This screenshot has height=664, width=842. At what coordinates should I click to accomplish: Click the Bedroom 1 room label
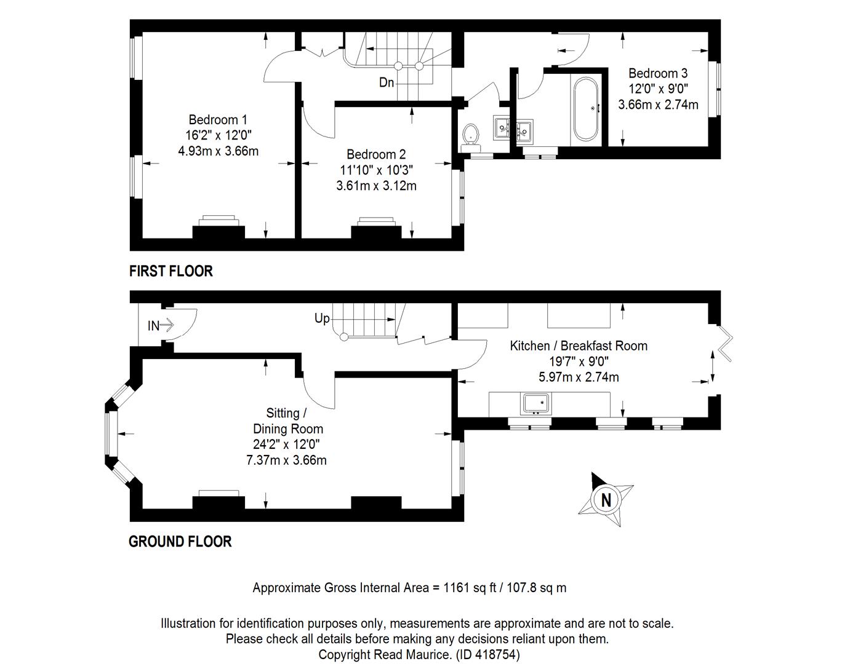point(218,120)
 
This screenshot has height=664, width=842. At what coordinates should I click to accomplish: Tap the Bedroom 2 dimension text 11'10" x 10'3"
point(377,170)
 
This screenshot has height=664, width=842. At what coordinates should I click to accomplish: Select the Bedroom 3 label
point(658,74)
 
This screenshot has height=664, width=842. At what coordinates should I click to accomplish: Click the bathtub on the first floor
point(586,109)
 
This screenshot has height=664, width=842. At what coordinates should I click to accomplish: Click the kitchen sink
point(535,404)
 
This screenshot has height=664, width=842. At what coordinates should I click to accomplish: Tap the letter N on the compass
point(606,500)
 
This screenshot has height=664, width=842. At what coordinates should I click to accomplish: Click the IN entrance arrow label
point(161,325)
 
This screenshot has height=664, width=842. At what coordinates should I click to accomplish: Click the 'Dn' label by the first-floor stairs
point(387,82)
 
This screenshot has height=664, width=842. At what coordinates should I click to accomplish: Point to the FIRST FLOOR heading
point(171,271)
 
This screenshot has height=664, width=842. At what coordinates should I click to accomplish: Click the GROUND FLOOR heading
point(180,542)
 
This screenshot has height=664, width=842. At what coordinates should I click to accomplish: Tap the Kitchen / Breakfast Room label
point(579,346)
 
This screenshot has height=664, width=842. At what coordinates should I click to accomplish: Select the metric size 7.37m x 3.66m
point(286,460)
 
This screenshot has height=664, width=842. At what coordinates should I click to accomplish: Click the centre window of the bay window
point(111,433)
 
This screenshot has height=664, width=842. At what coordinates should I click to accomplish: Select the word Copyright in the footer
point(344,655)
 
